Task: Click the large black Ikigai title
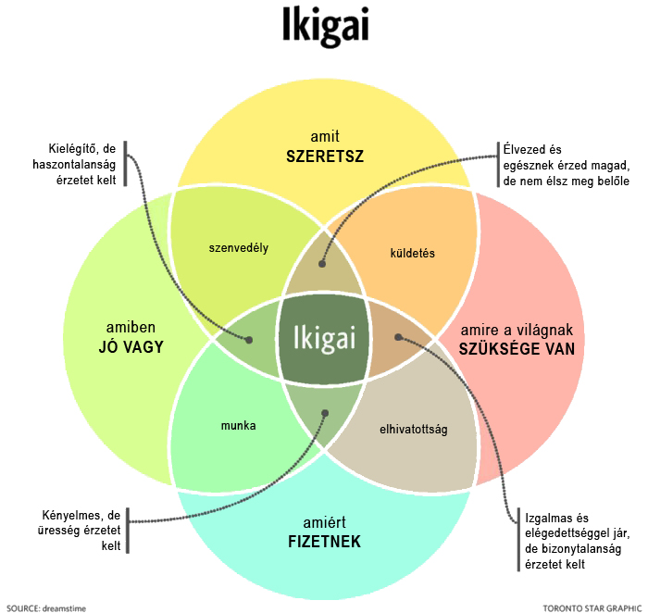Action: click(325, 26)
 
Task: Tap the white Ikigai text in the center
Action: click(324, 339)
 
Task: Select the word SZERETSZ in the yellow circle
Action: click(325, 156)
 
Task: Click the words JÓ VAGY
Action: click(131, 346)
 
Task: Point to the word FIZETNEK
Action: click(324, 542)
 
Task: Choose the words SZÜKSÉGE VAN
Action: click(517, 349)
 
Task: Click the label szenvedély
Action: click(239, 248)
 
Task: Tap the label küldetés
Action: click(413, 253)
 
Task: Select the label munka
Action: click(239, 426)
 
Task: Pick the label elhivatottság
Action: click(413, 430)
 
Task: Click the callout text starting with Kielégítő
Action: click(74, 164)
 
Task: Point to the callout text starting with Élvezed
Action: click(567, 165)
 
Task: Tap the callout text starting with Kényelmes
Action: click(79, 531)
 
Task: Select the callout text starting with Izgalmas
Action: click(578, 541)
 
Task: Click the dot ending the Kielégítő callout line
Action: click(249, 340)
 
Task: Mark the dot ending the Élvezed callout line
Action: click(322, 264)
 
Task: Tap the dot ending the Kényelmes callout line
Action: click(325, 413)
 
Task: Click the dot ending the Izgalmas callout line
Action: click(398, 337)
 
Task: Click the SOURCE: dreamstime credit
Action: click(46, 608)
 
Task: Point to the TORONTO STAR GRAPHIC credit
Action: click(592, 608)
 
